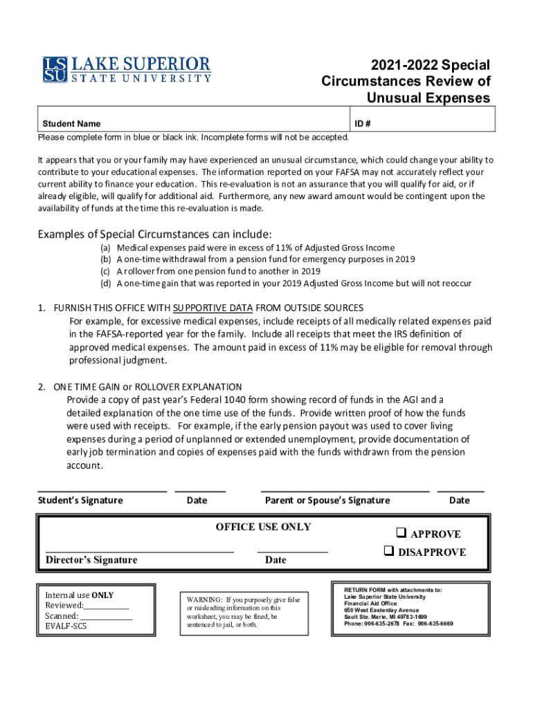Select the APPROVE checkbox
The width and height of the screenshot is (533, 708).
pos(400,533)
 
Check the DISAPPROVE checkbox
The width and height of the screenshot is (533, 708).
pos(389,551)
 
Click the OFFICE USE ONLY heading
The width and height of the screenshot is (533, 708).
pos(263,527)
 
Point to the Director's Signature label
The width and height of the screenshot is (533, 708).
pos(91,559)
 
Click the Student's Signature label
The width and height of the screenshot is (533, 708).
pos(80,501)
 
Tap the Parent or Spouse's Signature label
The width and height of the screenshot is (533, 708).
pos(327,501)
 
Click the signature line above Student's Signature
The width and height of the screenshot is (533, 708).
pos(102,491)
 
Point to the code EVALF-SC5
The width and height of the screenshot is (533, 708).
pos(66,627)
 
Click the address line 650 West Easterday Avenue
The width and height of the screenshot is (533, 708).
pos(381,611)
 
